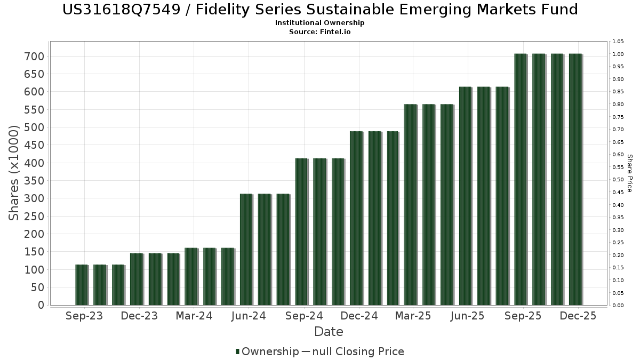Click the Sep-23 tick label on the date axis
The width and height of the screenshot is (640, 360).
(84, 316)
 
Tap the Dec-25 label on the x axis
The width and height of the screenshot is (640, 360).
(578, 316)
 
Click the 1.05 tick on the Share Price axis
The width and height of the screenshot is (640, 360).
(618, 42)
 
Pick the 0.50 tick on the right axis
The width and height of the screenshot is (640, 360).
(618, 180)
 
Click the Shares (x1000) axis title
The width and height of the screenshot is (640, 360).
(14, 173)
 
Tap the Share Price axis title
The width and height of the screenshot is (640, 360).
(629, 173)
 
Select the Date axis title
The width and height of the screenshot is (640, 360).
(329, 332)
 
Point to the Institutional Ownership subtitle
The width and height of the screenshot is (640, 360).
(320, 23)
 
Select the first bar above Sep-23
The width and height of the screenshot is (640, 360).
(82, 285)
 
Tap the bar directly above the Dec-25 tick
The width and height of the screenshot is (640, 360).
(575, 179)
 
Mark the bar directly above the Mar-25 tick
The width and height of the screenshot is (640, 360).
(410, 205)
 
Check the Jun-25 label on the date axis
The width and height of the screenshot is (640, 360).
(468, 316)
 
